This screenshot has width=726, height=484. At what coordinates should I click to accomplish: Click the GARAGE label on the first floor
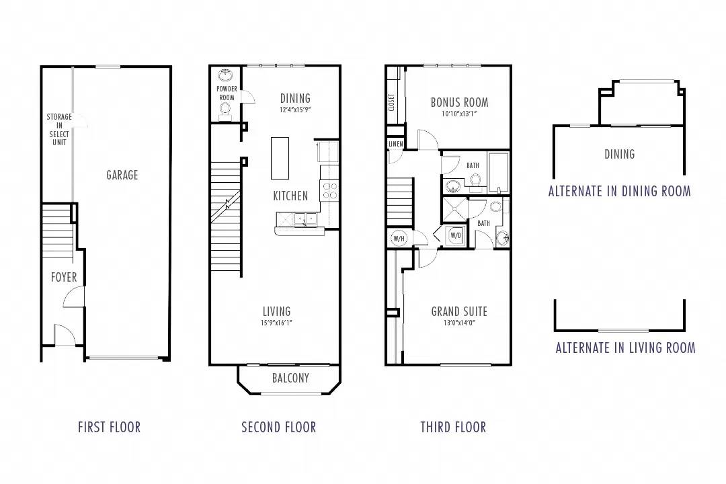coord(122,175)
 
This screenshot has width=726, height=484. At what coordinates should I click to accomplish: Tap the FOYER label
coord(64,277)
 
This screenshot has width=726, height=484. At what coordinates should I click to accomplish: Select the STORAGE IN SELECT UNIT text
coord(59,129)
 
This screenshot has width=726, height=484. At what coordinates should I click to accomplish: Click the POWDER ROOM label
coord(226,93)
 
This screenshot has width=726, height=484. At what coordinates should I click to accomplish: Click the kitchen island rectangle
coord(280,158)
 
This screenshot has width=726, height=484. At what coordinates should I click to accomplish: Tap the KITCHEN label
coord(290,196)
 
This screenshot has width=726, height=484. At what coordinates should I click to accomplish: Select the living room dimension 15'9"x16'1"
coord(276,323)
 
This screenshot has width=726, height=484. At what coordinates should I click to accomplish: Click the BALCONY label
coord(290,378)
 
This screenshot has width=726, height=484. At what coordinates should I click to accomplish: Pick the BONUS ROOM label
coord(459,102)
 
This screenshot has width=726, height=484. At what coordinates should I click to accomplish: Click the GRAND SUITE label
coord(459,311)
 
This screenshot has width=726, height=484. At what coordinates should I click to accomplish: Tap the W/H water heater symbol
coord(398,237)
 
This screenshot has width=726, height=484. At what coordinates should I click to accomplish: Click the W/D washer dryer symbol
coord(455,235)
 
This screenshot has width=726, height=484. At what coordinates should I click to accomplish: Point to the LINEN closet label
coord(395,145)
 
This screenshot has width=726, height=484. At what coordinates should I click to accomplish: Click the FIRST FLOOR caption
coord(109,427)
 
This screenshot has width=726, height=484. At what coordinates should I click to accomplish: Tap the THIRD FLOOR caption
coord(453,427)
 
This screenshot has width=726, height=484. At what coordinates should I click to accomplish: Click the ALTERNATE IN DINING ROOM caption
coord(619,191)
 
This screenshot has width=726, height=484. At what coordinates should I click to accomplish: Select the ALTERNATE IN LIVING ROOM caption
coord(625,348)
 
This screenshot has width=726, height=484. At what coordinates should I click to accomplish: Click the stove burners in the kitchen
coord(329,190)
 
